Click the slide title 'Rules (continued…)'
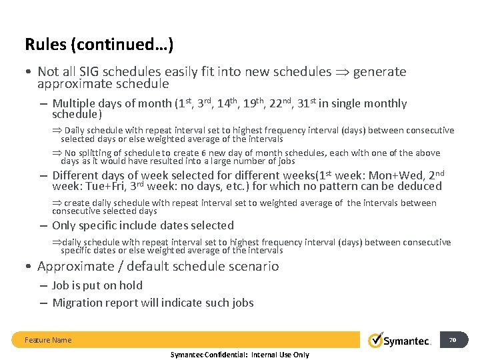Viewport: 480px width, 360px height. (x=99, y=45)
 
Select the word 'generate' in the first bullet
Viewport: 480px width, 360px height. (x=379, y=72)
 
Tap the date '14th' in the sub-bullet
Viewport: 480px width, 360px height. (x=229, y=103)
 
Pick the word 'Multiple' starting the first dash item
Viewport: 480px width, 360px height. (x=74, y=104)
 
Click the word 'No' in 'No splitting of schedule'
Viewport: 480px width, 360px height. (x=70, y=153)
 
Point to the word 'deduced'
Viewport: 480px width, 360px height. (x=419, y=186)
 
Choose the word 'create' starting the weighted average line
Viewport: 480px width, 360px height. (x=76, y=203)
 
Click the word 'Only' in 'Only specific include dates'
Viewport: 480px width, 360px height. (x=64, y=225)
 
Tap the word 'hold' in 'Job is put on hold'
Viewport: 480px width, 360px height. (x=130, y=285)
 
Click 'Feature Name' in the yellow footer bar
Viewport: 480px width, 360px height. (x=48, y=340)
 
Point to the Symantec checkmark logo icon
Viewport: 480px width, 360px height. (x=376, y=340)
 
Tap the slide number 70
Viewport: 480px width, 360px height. (x=453, y=339)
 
